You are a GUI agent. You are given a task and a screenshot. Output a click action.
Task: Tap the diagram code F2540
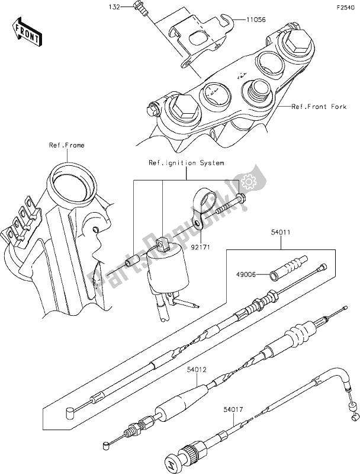pyautogui.click(x=345, y=7)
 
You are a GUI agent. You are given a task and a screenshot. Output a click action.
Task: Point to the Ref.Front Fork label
pyautogui.click(x=317, y=107)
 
